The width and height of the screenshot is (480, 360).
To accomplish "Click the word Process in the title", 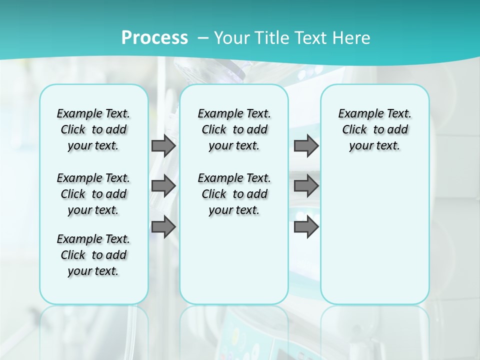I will coord(154,38).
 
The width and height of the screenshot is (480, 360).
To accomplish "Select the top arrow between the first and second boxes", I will coord(163,145).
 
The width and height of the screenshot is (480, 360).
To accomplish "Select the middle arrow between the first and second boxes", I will coord(163,186).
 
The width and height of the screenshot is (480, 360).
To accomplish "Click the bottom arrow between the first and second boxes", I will coord(163,227).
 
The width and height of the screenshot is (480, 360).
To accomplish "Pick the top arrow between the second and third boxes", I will coord(306,145).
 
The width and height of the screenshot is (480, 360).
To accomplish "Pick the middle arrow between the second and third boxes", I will coord(306,186).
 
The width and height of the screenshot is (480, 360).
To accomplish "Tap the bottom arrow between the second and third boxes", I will coord(306,227).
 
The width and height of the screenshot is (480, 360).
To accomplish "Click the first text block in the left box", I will coord(93,129).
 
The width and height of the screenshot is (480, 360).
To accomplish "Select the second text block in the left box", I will coord(93,194).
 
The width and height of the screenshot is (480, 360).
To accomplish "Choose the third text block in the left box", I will coord(93,255).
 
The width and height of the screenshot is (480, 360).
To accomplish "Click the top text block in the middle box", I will coord(234,129).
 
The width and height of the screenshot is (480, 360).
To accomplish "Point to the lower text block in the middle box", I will coord(234,194).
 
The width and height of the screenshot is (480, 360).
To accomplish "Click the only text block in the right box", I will coord(374,129).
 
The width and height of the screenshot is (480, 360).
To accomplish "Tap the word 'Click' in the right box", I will coord(354,130).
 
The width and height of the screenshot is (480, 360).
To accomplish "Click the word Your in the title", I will coord(232,38).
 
